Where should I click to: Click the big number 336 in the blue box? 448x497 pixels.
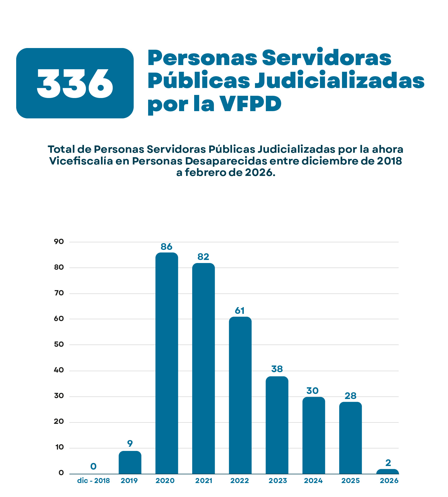tap(75, 83)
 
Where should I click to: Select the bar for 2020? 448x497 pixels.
tap(167, 363)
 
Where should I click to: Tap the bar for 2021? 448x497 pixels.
tap(203, 369)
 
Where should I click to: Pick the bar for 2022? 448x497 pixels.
tap(240, 395)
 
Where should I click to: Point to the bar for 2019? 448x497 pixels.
tap(130, 462)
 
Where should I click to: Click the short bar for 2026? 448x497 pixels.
tap(387, 472)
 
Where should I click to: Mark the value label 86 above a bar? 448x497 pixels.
tap(167, 247)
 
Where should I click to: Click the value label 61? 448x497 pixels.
tap(240, 310)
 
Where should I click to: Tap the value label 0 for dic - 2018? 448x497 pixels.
tap(93, 466)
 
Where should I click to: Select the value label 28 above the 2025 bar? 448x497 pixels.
tap(351, 396)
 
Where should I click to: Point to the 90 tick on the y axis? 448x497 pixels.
tap(59, 242)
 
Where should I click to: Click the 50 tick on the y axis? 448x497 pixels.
tap(59, 344)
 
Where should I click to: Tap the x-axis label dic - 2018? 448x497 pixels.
tap(93, 481)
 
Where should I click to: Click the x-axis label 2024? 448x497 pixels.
tap(313, 481)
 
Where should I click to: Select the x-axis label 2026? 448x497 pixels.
tap(389, 481)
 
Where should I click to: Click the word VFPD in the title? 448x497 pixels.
tap(250, 104)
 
